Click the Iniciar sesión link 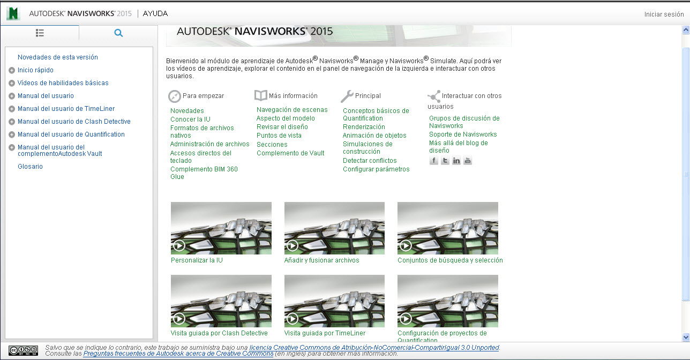664,14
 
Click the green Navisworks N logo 13,13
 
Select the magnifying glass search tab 118,33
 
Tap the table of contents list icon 40,33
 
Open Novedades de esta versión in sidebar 58,57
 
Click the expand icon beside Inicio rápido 12,70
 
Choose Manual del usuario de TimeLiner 66,108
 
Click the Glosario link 30,166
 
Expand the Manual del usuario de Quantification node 12,134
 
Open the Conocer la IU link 190,119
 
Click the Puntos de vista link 279,136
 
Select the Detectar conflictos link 370,160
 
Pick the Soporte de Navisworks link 463,134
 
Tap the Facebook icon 434,160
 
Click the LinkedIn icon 456,160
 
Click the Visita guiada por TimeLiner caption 325,333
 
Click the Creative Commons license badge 23,350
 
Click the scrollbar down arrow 686,337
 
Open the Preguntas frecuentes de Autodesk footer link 178,354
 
